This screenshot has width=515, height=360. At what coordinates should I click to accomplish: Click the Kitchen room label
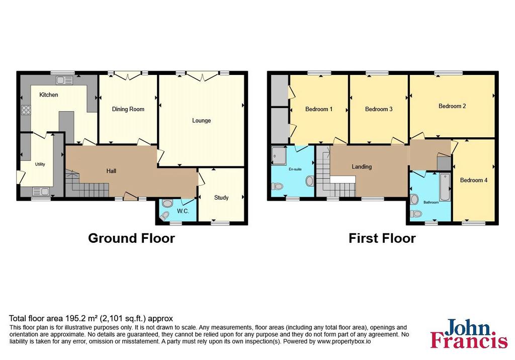(49, 95)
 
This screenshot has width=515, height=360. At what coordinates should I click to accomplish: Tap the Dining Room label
(128, 109)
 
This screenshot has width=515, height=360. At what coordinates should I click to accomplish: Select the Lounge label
(201, 121)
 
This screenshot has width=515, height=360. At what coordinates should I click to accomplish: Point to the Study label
(221, 198)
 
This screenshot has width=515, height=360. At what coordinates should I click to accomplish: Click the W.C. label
(183, 211)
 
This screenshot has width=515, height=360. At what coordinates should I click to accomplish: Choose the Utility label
(40, 164)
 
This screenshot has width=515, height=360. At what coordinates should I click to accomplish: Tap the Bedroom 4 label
(474, 180)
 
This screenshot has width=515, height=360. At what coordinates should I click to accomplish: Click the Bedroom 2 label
(452, 106)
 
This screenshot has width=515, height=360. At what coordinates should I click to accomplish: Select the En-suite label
(295, 169)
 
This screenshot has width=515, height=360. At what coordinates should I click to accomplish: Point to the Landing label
(362, 167)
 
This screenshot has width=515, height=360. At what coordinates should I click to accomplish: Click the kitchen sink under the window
(64, 80)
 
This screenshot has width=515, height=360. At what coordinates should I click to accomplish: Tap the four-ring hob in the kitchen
(26, 110)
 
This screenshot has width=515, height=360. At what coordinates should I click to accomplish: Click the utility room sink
(41, 191)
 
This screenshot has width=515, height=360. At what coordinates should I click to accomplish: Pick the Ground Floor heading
(131, 238)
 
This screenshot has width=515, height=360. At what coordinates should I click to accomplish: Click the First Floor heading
(382, 238)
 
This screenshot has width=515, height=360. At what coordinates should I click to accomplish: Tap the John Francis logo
(469, 333)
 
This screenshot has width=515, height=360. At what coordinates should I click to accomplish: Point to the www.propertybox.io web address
(344, 341)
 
